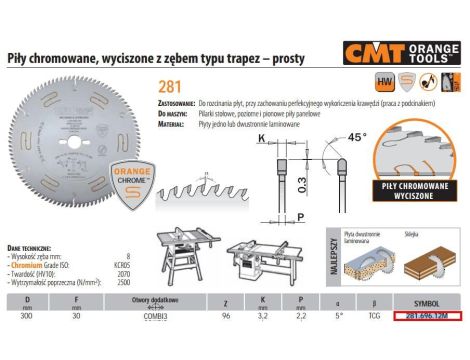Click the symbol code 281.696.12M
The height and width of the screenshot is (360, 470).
tap(419, 315)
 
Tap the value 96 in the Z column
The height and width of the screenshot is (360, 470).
tap(223, 315)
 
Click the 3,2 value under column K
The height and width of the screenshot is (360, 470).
tap(261, 315)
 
